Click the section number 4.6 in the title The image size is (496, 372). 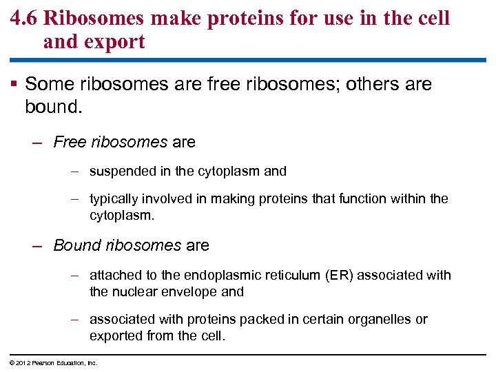coord(24,18)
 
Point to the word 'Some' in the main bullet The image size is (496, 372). coord(49,85)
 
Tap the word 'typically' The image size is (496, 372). coord(114,199)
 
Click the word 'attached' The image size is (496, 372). coord(113,276)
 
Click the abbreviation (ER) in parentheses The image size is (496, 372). coord(338,276)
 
